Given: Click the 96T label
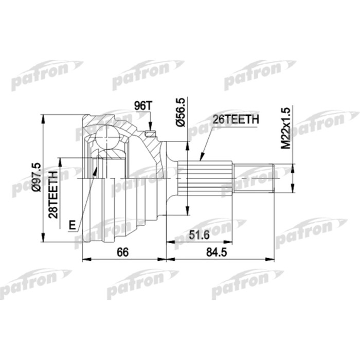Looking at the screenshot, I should [x=143, y=106].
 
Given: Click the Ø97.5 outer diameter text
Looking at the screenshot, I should [x=36, y=178].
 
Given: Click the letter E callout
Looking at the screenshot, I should [x=73, y=225].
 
